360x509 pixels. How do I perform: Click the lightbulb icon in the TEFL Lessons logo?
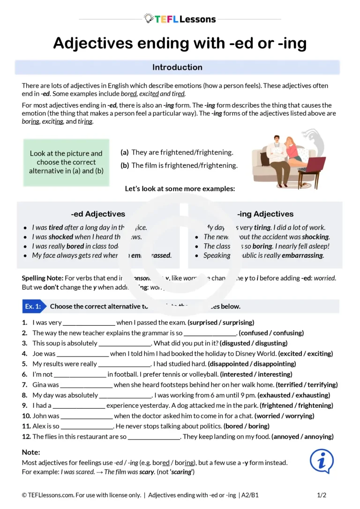coord(149,19)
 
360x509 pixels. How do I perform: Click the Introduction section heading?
coord(177,67)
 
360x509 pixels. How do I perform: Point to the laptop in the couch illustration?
coord(316,164)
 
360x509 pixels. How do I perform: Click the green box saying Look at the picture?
coord(66,162)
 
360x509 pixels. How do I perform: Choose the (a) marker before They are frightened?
coord(125,152)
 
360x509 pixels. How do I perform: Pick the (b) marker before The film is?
coord(125,165)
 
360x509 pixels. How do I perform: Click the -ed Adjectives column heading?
coord(98,214)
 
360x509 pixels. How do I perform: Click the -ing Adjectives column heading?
coord(265,214)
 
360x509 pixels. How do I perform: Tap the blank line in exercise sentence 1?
coord(89,323)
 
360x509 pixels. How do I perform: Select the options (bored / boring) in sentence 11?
coord(247,426)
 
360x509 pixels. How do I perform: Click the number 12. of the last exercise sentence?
coord(26,436)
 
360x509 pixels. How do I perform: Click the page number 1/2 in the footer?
coord(322,495)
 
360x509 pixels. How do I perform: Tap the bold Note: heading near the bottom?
coord(31,452)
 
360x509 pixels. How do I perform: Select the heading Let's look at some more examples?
coord(180,189)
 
